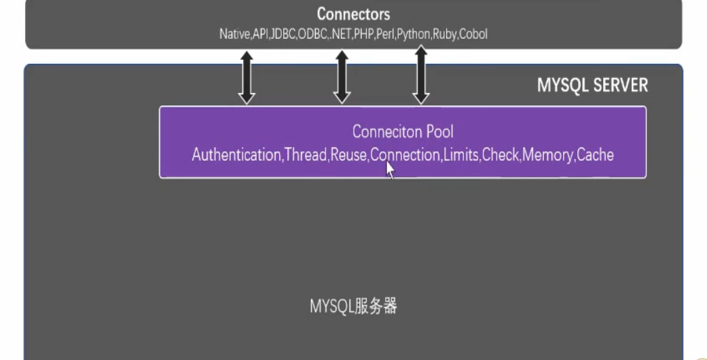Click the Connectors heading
click(x=353, y=14)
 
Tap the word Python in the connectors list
click(x=414, y=34)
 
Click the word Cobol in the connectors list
click(x=473, y=34)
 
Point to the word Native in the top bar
click(x=234, y=34)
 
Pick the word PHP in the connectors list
click(x=362, y=34)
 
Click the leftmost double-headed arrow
click(x=247, y=79)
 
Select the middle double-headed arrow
click(x=342, y=79)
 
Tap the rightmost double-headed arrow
click(x=421, y=75)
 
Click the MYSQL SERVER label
click(x=592, y=86)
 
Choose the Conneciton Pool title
click(x=403, y=131)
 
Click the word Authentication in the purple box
click(x=236, y=155)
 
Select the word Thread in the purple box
click(x=306, y=155)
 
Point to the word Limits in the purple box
click(x=461, y=155)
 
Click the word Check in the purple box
click(x=501, y=155)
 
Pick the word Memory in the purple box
click(x=547, y=155)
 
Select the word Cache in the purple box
click(x=596, y=155)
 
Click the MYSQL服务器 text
click(x=353, y=306)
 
